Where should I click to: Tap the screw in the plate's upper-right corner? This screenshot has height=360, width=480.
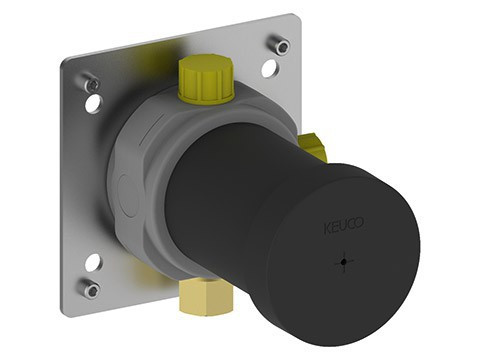pyautogui.click(x=283, y=46)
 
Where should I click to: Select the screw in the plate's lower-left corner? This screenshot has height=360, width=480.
pyautogui.click(x=91, y=291)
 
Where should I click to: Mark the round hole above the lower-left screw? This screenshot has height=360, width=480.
pyautogui.click(x=92, y=263)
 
